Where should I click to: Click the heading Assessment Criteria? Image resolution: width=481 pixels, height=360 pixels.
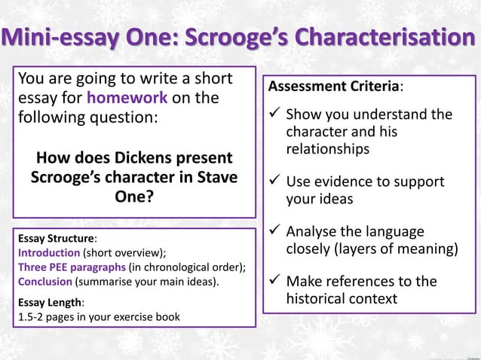coord(334,87)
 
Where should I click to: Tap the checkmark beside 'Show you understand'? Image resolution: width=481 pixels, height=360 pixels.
coord(275,114)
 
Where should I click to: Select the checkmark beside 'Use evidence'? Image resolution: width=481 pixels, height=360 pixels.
coord(275,182)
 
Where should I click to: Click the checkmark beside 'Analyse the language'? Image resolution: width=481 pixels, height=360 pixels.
coord(275,232)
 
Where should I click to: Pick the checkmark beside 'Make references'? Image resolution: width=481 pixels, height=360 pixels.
coord(275,282)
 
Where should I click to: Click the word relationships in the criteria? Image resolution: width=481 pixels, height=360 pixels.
coord(327,149)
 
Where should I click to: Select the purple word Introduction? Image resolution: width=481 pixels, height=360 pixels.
coord(48,252)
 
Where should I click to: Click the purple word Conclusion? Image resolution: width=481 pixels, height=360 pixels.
coord(44,282)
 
